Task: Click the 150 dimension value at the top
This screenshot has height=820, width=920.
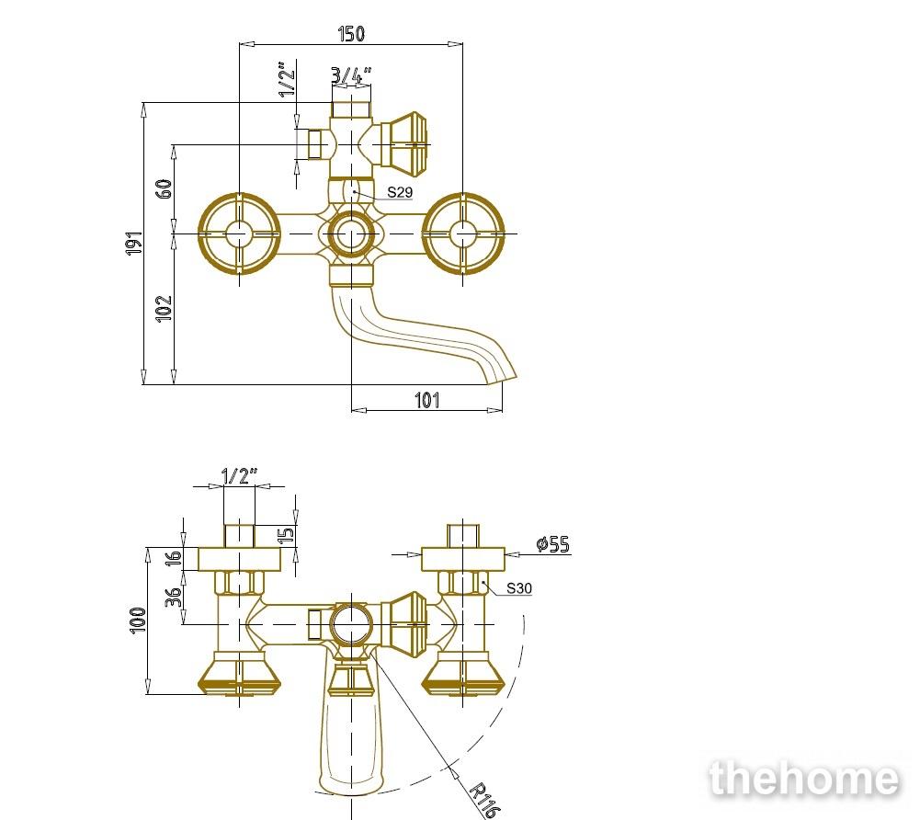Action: point(351,33)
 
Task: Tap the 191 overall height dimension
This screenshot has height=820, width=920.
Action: point(134,243)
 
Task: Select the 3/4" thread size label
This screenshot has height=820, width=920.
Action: point(351,75)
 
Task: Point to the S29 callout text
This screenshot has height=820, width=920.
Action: point(400,192)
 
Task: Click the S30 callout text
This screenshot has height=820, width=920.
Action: point(518,587)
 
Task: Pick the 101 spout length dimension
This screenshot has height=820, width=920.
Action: point(427,400)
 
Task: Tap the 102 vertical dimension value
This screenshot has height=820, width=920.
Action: point(164,308)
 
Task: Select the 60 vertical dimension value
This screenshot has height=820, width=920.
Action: point(164,188)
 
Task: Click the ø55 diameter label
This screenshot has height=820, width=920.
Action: point(552,544)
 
